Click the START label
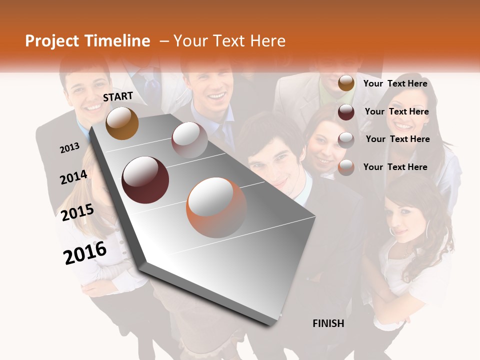(118, 96)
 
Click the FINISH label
(328, 323)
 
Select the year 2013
(69, 148)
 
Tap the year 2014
(73, 177)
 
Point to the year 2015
(77, 212)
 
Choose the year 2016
(85, 252)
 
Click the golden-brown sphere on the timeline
(122, 123)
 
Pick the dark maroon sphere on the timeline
(145, 179)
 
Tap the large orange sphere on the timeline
(216, 207)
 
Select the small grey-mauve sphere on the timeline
(189, 139)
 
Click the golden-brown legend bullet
(346, 83)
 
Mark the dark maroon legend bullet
(346, 112)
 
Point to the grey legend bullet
(346, 140)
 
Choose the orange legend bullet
(346, 167)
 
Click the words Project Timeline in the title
(87, 41)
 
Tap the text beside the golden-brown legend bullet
(395, 83)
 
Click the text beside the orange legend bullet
(395, 167)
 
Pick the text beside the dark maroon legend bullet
(396, 111)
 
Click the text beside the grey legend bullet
(397, 139)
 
